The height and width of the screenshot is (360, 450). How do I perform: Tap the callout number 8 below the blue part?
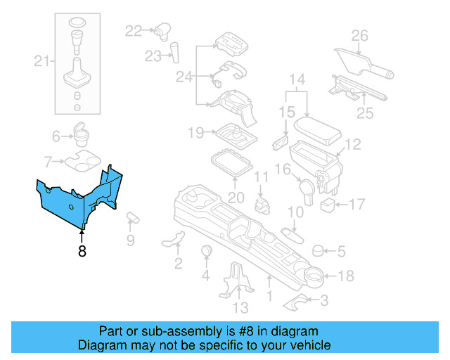coord(82,251)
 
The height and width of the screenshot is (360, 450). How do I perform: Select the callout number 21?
coord(41,62)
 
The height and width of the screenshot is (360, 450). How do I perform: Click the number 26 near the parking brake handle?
coord(359,36)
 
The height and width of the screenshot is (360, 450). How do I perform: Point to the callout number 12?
coord(352,144)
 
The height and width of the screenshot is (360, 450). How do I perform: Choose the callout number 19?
coord(195,131)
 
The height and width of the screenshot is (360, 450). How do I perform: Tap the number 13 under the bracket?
coord(240,307)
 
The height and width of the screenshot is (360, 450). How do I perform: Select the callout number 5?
coord(341,250)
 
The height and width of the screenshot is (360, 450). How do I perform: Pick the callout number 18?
coord(346,276)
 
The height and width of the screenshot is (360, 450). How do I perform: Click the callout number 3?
coord(323,301)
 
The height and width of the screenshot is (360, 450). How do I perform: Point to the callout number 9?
coord(129,240)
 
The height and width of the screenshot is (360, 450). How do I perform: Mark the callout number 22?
coord(134,30)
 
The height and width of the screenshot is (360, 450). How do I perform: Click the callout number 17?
coord(357,205)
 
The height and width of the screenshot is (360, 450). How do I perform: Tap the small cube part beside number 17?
coord(327,205)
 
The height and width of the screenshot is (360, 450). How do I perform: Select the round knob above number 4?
coord(207,252)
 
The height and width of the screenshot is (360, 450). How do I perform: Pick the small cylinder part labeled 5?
coord(318,250)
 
